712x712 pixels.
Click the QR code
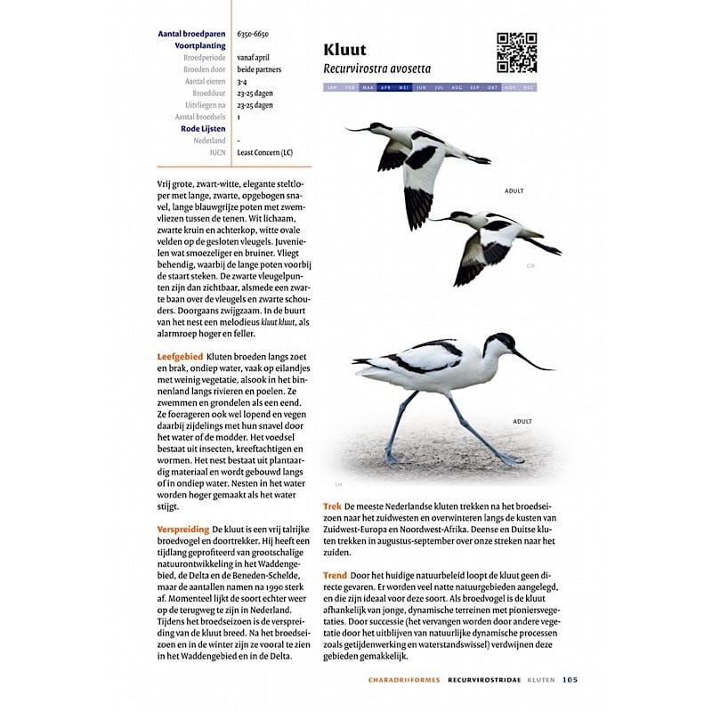click(x=516, y=53)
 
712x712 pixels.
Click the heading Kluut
click(x=344, y=50)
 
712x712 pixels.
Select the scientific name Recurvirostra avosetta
click(x=376, y=69)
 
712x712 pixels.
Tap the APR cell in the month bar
click(x=385, y=88)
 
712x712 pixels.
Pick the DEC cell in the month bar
click(x=528, y=88)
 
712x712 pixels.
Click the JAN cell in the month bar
click(x=332, y=88)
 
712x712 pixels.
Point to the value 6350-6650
click(x=253, y=34)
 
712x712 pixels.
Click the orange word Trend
click(x=335, y=576)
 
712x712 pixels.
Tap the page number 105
click(x=570, y=680)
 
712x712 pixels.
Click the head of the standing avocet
click(x=500, y=343)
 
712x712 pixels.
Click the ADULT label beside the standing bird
click(x=522, y=422)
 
